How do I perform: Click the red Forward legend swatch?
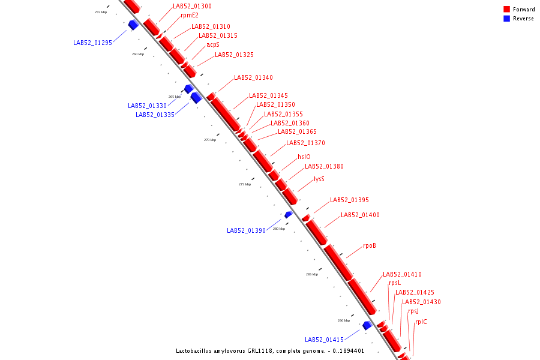[x=506, y=10]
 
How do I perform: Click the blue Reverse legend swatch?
[x=506, y=19]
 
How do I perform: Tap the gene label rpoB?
[x=370, y=246]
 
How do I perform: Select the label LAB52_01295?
[x=92, y=43]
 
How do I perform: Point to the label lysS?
[x=319, y=179]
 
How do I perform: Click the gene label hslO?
[x=304, y=157]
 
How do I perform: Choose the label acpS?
[x=213, y=44]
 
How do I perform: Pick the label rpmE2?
[x=190, y=16]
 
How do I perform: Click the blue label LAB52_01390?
[x=246, y=230]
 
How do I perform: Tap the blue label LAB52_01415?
[x=324, y=340]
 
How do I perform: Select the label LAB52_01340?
[x=253, y=78]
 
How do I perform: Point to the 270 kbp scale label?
[x=210, y=140]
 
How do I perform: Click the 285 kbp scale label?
[x=312, y=274]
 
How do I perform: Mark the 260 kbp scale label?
[x=138, y=54]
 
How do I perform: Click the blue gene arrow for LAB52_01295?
[x=133, y=25]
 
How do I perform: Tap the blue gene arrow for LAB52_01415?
[x=367, y=325]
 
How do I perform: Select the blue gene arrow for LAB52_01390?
[x=288, y=214]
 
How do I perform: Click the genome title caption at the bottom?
[x=269, y=351]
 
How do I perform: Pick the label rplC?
[x=421, y=322]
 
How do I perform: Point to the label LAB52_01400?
[x=360, y=215]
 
